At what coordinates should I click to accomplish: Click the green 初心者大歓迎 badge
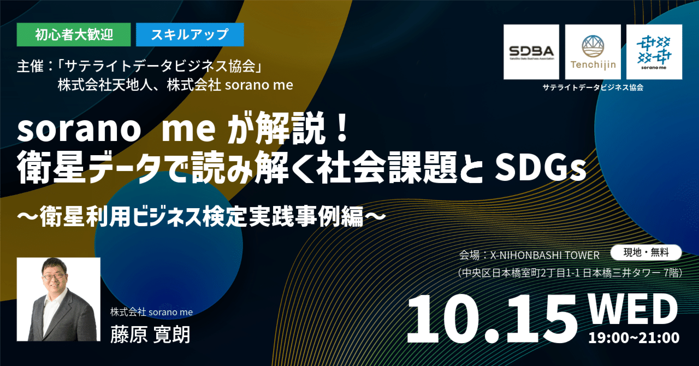(x=74, y=34)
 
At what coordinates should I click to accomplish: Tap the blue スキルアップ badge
(x=189, y=34)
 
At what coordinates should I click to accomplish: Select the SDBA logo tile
(x=531, y=52)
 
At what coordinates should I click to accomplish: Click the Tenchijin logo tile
(x=593, y=52)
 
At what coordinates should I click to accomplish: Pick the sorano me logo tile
(x=654, y=52)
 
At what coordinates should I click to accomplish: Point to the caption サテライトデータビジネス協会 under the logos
(x=593, y=87)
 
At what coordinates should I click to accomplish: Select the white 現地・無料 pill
(x=645, y=252)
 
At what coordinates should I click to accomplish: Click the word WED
(x=633, y=309)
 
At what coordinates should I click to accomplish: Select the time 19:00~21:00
(x=633, y=338)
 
